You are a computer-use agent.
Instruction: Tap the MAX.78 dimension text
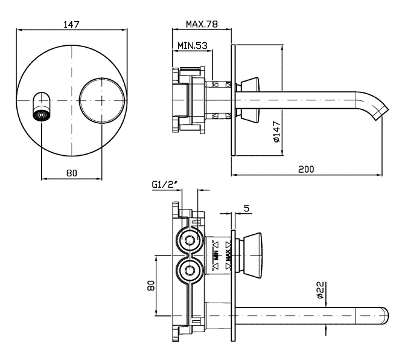(201, 24)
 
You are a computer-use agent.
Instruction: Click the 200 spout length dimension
(306, 169)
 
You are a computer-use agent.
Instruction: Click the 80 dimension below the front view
(71, 173)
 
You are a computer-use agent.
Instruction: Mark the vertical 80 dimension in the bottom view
(151, 284)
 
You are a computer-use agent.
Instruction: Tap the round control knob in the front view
(102, 99)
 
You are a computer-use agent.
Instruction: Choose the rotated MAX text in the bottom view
(229, 256)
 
